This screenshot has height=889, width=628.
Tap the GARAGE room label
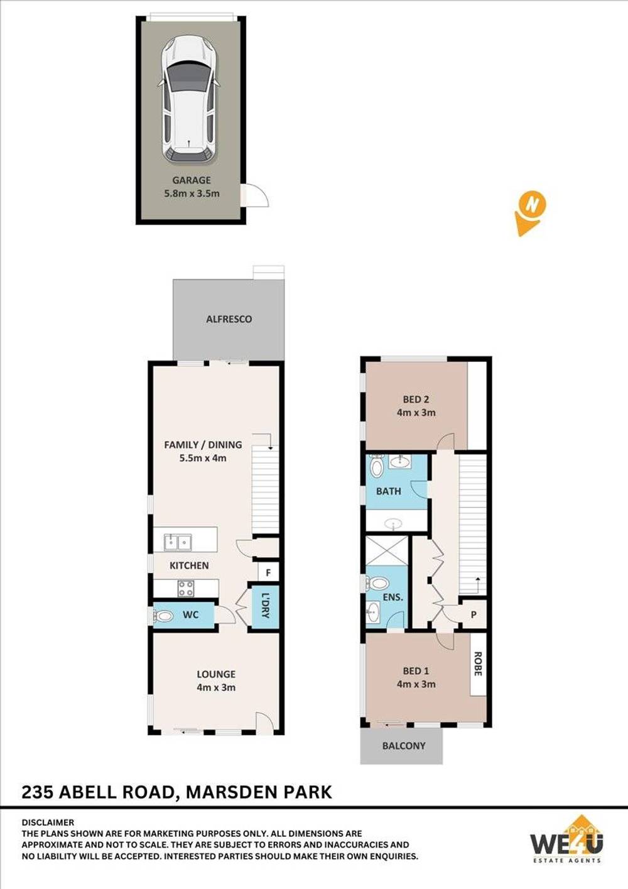(192, 180)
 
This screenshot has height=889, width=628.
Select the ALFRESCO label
(229, 319)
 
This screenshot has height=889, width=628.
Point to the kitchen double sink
(178, 541)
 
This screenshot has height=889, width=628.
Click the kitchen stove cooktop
(185, 588)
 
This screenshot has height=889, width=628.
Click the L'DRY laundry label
(264, 606)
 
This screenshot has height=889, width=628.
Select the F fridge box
(268, 572)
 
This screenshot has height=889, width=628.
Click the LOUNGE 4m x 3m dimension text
(216, 687)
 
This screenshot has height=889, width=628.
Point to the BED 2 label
(416, 400)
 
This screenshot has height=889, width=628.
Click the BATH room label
(388, 491)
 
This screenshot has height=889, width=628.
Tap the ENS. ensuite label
(392, 597)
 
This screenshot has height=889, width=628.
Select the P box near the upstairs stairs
(474, 615)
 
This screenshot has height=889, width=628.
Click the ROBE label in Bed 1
(478, 664)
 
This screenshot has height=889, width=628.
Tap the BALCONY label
(404, 746)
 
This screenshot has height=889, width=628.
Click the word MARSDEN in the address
(230, 792)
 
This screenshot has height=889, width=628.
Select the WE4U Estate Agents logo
(566, 841)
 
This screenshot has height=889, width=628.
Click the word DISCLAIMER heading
(48, 822)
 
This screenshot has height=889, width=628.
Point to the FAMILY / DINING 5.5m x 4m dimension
(203, 458)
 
